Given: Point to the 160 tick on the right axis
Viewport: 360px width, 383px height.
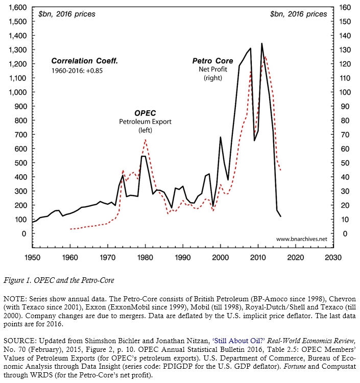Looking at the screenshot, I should tap(346, 8).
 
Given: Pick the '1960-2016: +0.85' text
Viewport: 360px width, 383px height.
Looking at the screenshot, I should tap(77, 70).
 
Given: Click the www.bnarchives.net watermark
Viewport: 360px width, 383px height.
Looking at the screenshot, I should tap(301, 239).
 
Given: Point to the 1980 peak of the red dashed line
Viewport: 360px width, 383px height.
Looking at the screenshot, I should tap(145, 139).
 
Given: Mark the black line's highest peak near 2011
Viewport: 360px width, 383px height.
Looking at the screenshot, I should tap(262, 43).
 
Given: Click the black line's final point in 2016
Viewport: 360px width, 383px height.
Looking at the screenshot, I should tap(280, 217).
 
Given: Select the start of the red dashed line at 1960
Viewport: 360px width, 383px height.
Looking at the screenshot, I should tap(70, 229).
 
